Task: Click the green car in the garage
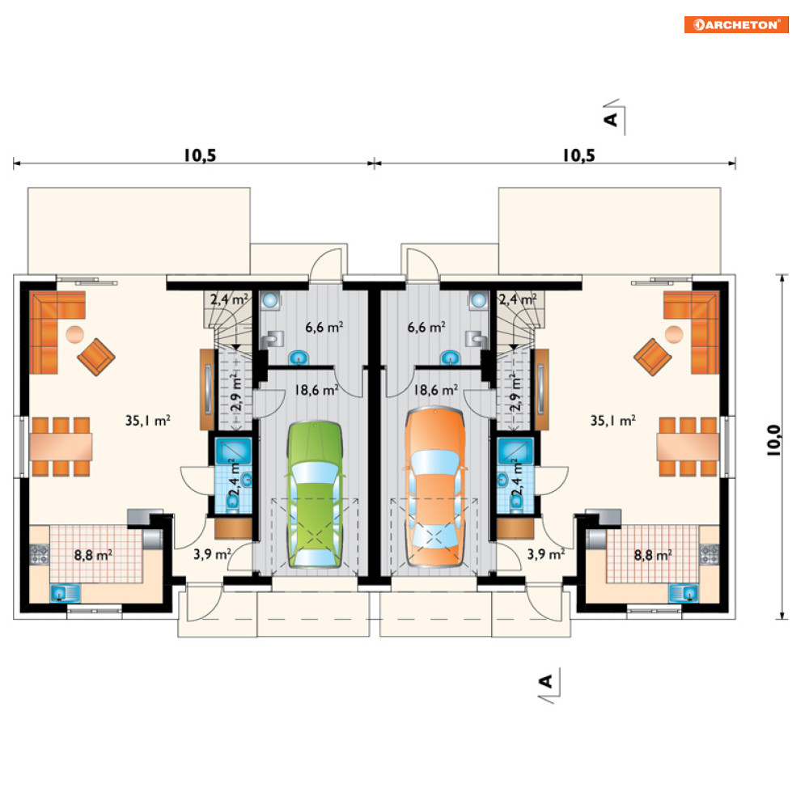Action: (315, 494)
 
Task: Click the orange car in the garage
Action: (434, 487)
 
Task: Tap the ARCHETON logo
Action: (736, 24)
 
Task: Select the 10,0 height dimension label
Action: (773, 440)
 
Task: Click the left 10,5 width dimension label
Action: (200, 155)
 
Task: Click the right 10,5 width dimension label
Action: (578, 155)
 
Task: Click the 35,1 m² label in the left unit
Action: (148, 421)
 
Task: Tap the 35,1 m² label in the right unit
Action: (613, 421)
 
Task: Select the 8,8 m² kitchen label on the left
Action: (93, 555)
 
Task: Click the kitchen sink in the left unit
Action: (65, 594)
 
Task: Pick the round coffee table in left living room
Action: (74, 335)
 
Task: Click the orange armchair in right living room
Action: (653, 357)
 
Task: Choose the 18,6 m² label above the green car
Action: (316, 390)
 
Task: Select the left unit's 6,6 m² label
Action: (324, 327)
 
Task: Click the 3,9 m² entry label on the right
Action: (546, 554)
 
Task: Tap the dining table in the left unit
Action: (61, 447)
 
